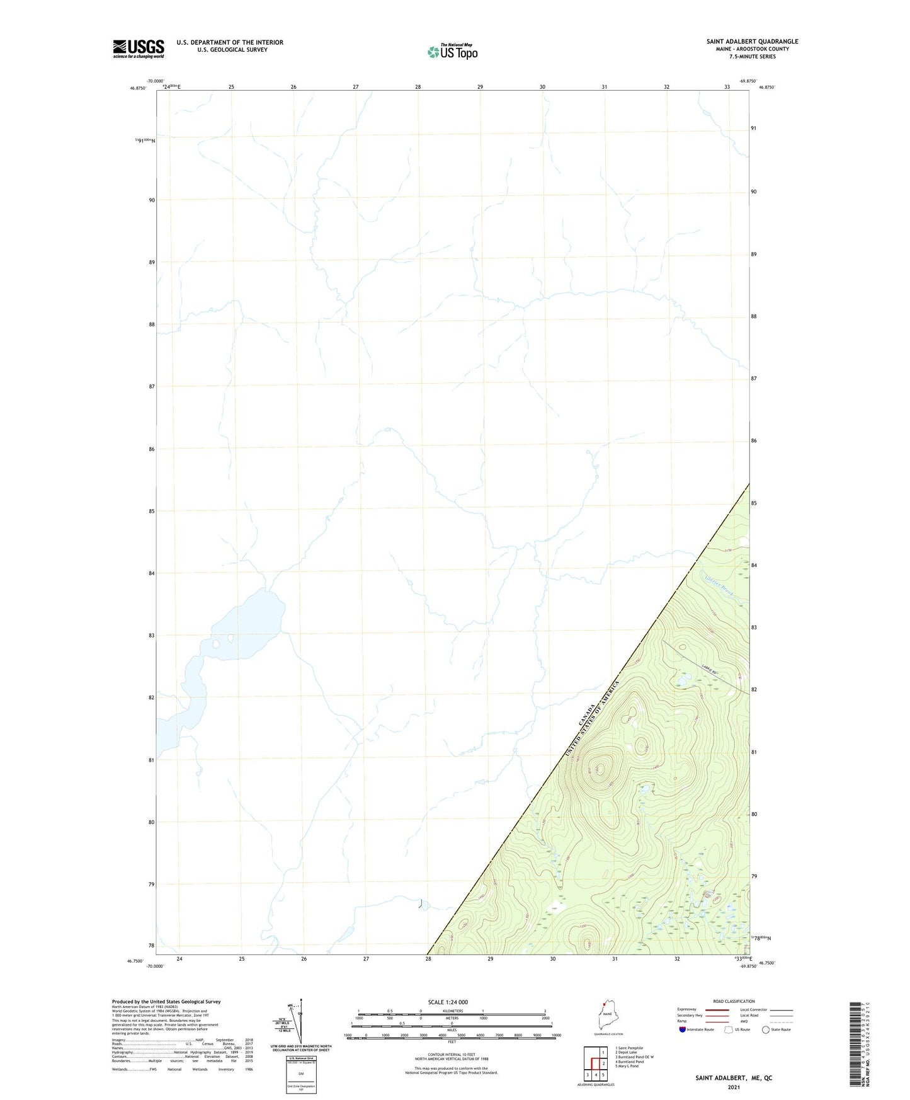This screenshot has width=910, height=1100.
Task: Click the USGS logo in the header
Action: [x=138, y=49]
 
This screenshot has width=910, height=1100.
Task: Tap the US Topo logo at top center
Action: [x=452, y=51]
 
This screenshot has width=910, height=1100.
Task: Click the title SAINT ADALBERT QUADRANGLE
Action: [x=752, y=42]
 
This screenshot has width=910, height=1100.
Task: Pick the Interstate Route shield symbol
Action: [x=683, y=1029]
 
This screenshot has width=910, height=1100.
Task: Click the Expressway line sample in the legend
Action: [x=717, y=1009]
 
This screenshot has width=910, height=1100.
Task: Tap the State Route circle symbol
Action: [x=765, y=1029]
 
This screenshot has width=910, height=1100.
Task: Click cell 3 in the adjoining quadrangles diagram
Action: [x=588, y=1075]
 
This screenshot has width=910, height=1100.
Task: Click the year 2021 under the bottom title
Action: [x=733, y=1087]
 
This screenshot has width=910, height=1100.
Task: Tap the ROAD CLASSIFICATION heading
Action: [x=734, y=1001]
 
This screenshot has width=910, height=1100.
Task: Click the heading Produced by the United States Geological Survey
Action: [x=166, y=1002]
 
